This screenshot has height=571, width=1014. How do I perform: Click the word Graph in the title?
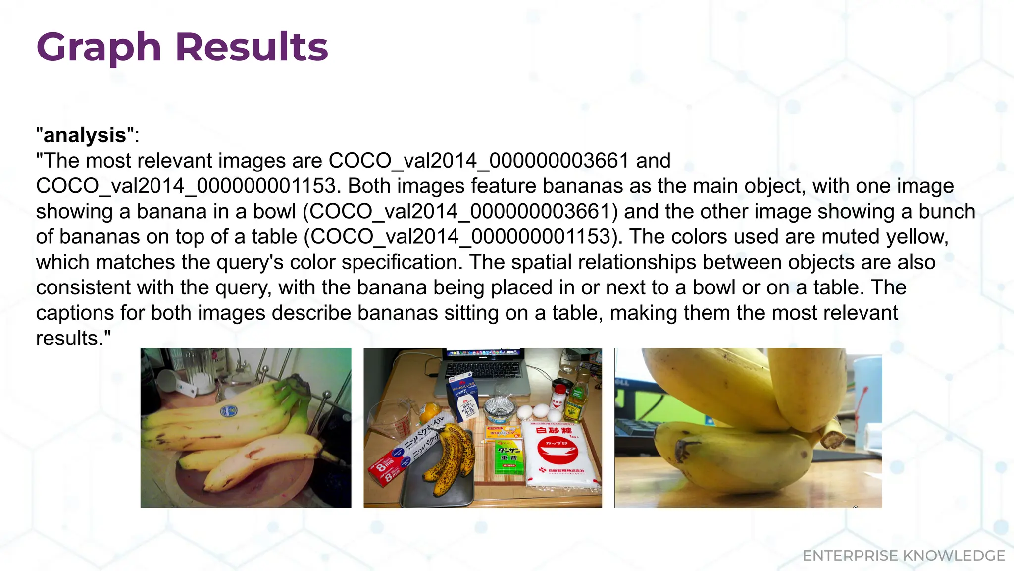[x=99, y=48]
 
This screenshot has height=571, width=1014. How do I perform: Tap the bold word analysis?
[x=85, y=135]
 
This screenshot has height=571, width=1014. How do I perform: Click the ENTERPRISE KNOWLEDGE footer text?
[x=904, y=556]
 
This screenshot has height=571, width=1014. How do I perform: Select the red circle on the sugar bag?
[x=557, y=451]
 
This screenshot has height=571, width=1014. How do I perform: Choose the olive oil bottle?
[x=575, y=401]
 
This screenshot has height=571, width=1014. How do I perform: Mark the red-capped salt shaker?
[x=558, y=396]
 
